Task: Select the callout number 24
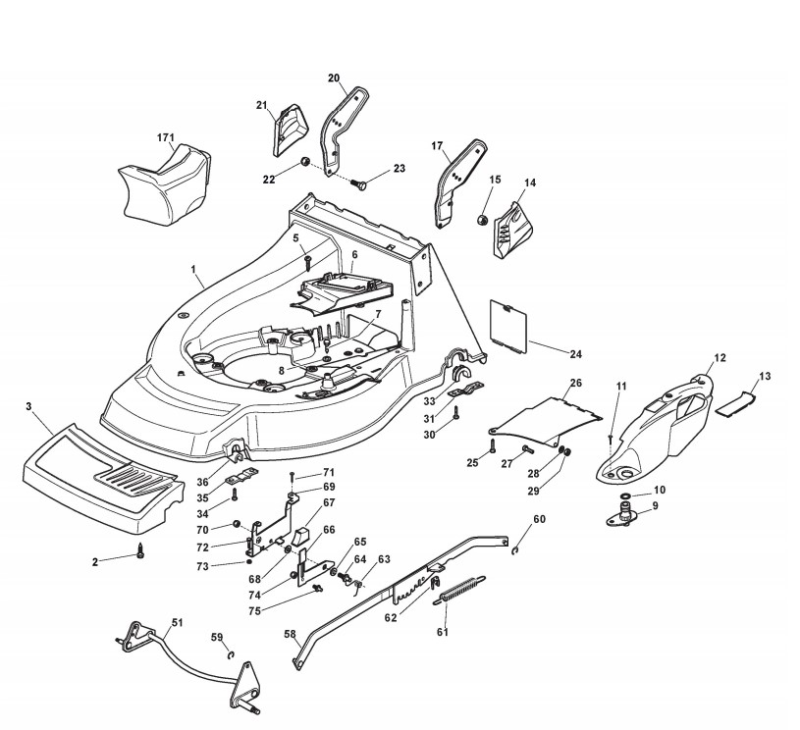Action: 575,351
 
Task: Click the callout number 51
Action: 177,622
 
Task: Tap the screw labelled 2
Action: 141,552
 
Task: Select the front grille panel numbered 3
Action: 99,471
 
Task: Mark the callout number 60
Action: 539,519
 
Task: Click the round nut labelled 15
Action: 483,217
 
